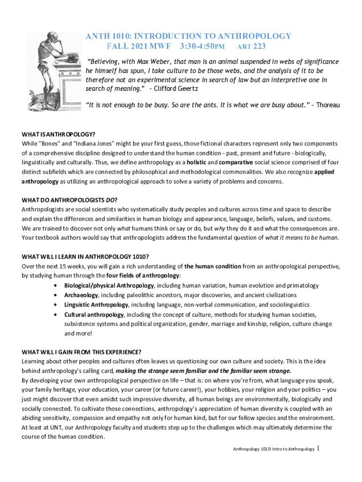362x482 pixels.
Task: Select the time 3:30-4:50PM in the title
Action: (203, 46)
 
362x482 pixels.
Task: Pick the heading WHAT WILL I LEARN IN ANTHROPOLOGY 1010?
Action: (86, 257)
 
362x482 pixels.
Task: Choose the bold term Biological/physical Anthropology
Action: (109, 286)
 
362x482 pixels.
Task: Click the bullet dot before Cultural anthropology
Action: (56, 314)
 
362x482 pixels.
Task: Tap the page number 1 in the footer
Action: (318, 448)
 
